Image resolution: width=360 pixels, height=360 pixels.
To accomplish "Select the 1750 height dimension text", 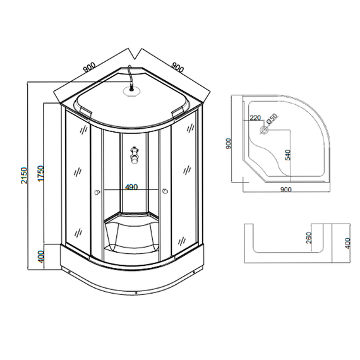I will click(39, 174).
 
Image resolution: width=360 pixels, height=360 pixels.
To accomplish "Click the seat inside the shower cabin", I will click(131, 227).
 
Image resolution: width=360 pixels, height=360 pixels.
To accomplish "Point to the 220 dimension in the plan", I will click(255, 118).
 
